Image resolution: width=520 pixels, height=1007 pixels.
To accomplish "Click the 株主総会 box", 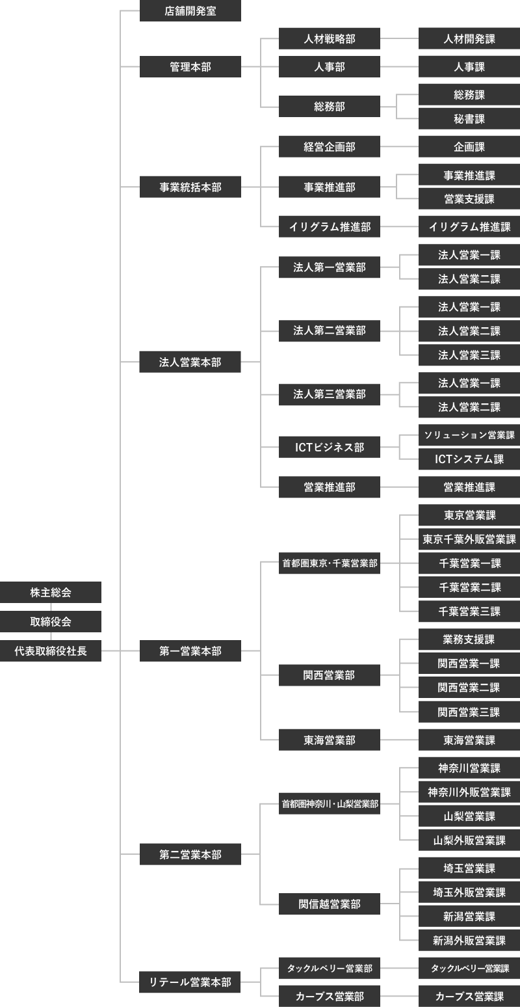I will (51, 593).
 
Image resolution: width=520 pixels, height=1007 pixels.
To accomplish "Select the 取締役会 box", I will (51, 622).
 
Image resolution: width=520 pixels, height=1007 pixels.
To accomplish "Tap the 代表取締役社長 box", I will (51, 651).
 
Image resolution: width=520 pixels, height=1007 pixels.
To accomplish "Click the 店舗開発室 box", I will (190, 11).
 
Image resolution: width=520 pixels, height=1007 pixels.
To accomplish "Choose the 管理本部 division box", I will (190, 66).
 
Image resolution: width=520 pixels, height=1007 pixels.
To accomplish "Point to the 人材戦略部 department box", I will (330, 39).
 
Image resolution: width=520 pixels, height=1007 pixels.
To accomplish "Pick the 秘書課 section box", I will (469, 119).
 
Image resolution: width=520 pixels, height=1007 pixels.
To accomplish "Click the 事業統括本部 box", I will (190, 187).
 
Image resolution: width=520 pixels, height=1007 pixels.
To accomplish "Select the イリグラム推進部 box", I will (330, 227).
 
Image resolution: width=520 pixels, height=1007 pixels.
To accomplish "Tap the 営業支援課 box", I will (469, 199).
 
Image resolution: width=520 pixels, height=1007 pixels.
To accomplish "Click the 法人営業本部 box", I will (190, 362).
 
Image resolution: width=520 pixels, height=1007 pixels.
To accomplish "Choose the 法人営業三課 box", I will (469, 355).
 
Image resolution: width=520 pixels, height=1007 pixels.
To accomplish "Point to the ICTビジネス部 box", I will (330, 448).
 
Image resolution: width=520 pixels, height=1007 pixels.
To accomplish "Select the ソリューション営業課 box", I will (469, 435).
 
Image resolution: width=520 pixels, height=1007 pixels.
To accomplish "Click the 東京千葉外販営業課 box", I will (469, 539).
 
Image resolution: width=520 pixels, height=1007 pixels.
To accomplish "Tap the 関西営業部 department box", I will (330, 675).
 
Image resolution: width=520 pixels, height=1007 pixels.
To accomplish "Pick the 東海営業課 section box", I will (469, 740).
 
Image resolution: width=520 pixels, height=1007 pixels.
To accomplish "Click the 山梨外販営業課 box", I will (469, 840).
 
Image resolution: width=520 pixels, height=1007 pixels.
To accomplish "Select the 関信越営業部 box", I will (330, 904).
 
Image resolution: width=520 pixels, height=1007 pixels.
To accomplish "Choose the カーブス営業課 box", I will (469, 996).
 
